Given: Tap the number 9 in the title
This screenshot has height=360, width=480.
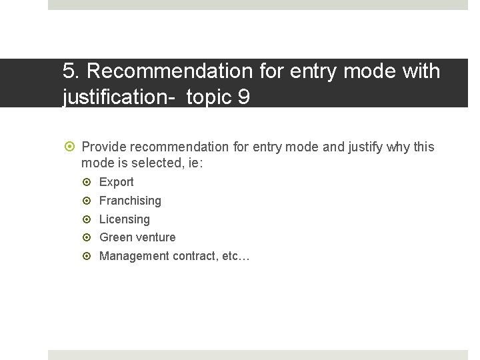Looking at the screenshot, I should (243, 97).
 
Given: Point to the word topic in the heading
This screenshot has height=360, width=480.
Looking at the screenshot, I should (209, 97).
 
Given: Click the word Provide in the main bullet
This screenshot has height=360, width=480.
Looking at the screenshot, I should (105, 147).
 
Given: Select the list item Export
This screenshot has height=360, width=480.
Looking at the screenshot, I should (116, 182).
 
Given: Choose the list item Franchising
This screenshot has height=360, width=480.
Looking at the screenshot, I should (130, 201).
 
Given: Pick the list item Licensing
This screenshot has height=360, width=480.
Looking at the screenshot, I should (124, 219).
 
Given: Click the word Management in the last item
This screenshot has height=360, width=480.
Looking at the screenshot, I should (134, 256).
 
